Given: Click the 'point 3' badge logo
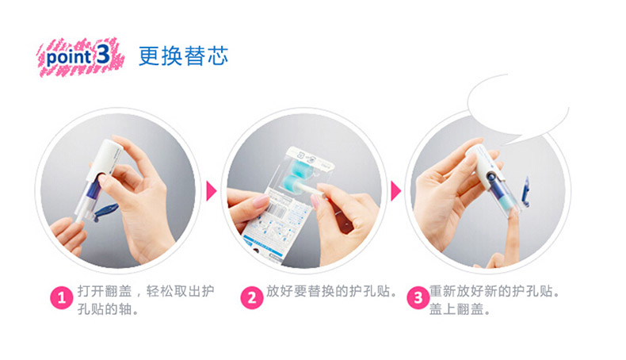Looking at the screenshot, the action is click(81, 57).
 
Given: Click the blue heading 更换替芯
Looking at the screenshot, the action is click(183, 56).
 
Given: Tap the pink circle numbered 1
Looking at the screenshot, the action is click(62, 297).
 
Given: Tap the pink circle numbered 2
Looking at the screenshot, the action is click(251, 297).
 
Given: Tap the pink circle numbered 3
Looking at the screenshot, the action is click(418, 297).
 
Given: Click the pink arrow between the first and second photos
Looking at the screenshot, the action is click(212, 191).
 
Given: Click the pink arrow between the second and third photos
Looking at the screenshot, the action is click(395, 191).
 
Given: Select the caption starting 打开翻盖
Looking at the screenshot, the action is click(146, 300).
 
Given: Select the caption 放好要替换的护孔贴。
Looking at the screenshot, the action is click(333, 291).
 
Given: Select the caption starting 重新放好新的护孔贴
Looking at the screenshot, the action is click(494, 300).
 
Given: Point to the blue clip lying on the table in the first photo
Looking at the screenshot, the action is click(105, 211).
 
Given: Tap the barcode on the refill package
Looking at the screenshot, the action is click(277, 209).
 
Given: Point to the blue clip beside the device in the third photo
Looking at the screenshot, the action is click(525, 192).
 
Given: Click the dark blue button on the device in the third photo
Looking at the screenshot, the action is click(491, 177).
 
